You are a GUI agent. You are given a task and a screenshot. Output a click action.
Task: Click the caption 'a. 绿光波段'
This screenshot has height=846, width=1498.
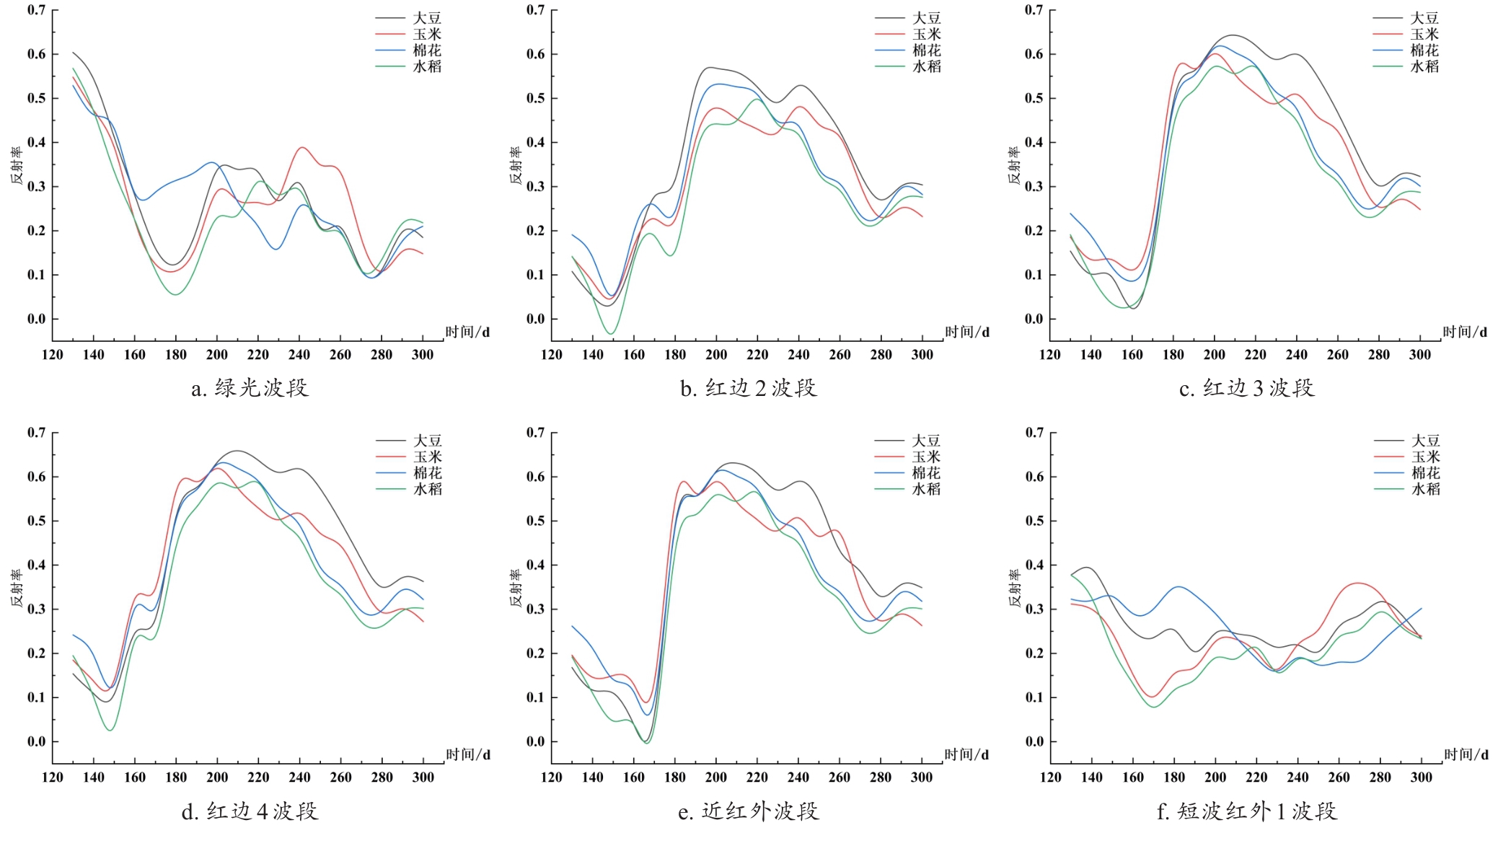[250, 389]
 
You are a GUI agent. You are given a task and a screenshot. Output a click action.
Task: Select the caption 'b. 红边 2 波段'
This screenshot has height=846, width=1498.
[748, 389]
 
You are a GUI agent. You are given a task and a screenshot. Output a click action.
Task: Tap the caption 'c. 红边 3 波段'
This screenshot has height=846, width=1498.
[1247, 389]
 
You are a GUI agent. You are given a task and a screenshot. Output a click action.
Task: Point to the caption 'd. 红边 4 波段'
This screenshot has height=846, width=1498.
[250, 811]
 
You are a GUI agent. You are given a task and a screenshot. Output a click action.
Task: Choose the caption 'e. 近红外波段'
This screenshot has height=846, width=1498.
[748, 811]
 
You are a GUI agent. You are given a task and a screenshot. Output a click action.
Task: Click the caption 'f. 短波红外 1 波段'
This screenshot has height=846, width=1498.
[1247, 811]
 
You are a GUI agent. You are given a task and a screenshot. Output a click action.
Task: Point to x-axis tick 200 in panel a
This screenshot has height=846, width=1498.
[216, 355]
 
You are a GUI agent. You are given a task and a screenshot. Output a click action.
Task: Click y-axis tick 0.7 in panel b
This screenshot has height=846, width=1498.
[535, 10]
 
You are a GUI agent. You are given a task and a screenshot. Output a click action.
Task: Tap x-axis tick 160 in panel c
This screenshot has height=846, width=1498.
[1132, 355]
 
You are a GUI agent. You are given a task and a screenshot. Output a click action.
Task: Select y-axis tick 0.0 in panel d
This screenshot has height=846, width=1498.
[36, 742]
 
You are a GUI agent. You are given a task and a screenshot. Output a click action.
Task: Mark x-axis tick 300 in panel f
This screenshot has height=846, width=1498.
[1421, 777]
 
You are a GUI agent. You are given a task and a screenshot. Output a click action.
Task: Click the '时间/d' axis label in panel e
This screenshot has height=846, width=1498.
[966, 754]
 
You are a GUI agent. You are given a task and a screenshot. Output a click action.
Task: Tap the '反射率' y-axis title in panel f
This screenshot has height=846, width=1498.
[1014, 587]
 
